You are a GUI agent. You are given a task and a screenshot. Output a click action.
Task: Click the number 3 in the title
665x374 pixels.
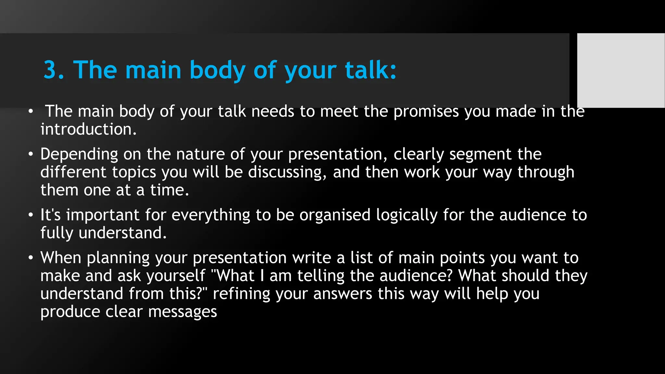point(50,70)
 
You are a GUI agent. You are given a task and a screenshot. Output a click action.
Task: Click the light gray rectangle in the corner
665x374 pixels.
point(621,70)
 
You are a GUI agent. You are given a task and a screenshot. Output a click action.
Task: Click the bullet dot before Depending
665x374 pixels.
point(31,154)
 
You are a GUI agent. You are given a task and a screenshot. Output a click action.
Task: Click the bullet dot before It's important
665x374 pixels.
point(31,215)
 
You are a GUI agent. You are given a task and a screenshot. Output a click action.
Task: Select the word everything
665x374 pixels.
point(211,215)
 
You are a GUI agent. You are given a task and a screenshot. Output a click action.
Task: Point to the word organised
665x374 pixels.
point(335,215)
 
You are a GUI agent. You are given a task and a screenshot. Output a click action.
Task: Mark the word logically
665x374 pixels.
point(407,215)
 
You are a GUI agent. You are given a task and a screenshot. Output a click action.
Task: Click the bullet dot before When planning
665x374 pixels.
point(31,258)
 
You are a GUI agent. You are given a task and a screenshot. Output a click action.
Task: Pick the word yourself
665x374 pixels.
point(176,276)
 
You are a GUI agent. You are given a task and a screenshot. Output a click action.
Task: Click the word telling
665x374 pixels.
point(321,276)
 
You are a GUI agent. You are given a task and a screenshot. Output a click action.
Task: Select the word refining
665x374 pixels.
point(241,294)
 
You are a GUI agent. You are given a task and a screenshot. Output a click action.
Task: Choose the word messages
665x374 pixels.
point(182,312)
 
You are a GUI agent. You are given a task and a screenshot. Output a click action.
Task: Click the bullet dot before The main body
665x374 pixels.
point(31,112)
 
